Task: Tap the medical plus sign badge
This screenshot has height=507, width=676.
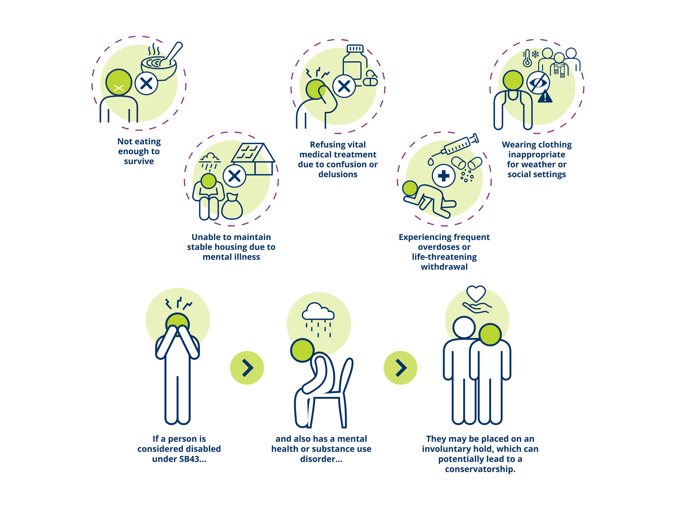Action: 443,176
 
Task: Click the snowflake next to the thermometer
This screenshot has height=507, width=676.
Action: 535,54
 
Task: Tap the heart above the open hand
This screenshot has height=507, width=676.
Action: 476,293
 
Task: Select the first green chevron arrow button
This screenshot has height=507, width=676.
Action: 247,368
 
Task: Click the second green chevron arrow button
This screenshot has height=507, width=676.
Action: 400,368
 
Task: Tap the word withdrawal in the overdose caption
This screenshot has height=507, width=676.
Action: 444,267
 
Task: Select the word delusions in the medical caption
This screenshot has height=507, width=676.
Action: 338,174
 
